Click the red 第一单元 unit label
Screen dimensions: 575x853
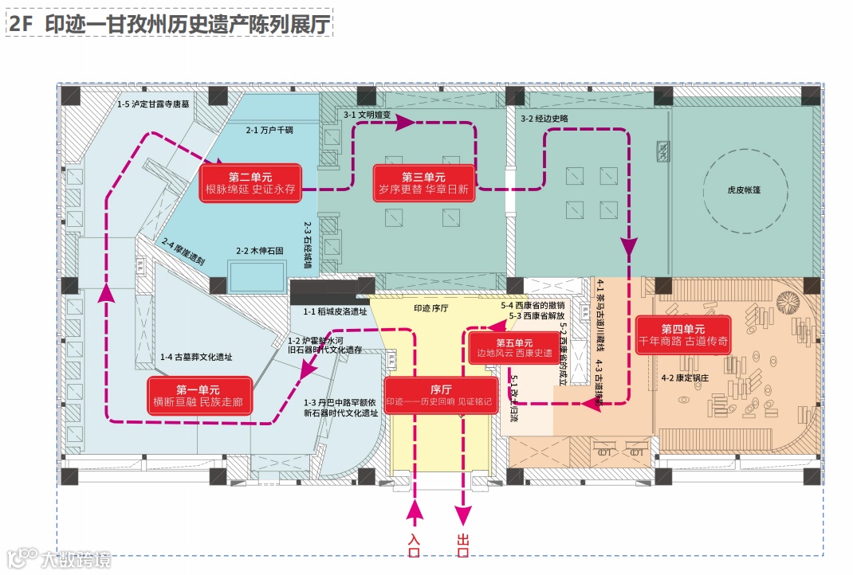pos(199,397)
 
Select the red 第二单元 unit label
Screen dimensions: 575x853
pos(250,182)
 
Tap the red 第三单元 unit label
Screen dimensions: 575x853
pos(423,183)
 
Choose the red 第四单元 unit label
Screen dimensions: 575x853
pos(683,334)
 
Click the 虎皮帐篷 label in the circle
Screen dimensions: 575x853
pos(726,190)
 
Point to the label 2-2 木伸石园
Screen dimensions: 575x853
pos(258,251)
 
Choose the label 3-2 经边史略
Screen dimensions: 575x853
pos(544,118)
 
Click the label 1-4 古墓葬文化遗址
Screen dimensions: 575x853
pos(196,358)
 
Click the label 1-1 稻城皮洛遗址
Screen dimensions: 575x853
pos(335,311)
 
